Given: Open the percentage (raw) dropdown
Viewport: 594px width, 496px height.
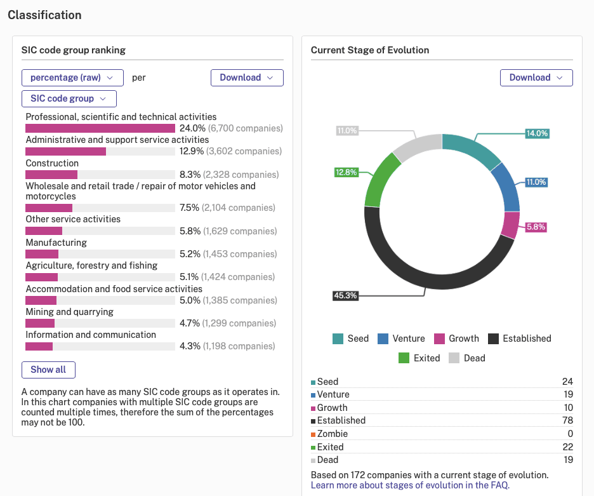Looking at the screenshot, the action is [x=72, y=77].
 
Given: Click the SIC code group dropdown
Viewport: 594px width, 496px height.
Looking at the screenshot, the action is [x=69, y=98].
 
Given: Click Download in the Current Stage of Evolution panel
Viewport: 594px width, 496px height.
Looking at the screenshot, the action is [x=536, y=77].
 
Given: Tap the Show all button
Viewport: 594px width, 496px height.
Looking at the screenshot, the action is [x=48, y=370].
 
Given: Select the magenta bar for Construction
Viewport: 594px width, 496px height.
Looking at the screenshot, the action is [x=51, y=175].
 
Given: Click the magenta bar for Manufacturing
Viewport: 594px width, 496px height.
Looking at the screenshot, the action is [x=42, y=254].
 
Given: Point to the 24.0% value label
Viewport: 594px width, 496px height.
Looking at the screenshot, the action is [x=192, y=128].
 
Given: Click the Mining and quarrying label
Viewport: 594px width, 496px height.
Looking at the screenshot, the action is [x=70, y=312].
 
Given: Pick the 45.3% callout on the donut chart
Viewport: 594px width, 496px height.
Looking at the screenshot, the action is [x=345, y=295].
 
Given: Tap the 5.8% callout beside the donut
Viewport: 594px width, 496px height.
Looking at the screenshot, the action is [x=536, y=227].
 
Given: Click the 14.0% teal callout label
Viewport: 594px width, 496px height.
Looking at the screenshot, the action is [x=537, y=133].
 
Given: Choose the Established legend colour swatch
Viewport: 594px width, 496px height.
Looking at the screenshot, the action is [x=493, y=338].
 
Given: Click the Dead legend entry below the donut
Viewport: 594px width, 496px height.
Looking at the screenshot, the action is [x=466, y=358].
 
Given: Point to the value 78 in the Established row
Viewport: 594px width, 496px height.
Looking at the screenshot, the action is [x=567, y=420].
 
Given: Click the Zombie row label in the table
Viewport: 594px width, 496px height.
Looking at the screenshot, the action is [x=333, y=434].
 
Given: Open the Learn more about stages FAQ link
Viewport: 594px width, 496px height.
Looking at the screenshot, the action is [x=410, y=485].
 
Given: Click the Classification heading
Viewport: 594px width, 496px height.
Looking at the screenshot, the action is [x=44, y=15].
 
